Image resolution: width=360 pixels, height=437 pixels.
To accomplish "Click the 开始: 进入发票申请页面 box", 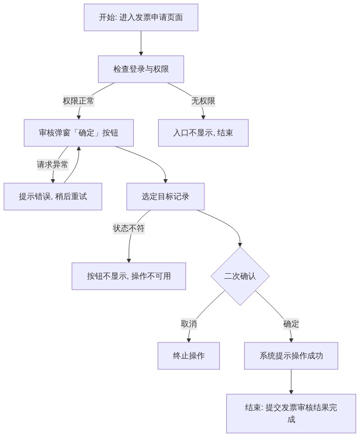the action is [x=141, y=17].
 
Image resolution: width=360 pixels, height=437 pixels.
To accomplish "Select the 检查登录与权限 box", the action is [x=141, y=69].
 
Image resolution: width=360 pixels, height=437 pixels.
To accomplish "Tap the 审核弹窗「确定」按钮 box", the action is [x=79, y=133].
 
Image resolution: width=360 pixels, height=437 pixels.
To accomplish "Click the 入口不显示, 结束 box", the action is [x=203, y=133].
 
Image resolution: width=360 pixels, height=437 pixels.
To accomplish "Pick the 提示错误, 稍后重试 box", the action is [x=53, y=197].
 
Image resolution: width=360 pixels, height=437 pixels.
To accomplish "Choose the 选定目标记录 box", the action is [x=166, y=197].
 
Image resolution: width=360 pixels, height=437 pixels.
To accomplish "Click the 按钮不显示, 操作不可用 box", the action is [x=129, y=276].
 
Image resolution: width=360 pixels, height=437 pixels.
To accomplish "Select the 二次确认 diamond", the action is [x=240, y=276].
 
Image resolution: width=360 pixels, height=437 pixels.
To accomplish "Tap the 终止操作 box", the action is [x=189, y=356].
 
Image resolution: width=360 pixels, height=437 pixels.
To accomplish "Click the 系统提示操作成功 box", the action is [x=291, y=356].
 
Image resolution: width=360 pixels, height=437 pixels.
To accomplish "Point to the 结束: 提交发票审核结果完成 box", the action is [x=291, y=413].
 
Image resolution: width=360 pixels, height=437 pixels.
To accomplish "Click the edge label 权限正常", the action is [x=79, y=101].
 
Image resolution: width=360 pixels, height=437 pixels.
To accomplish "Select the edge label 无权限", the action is [x=203, y=101].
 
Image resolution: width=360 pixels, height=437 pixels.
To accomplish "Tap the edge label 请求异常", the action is [x=53, y=164].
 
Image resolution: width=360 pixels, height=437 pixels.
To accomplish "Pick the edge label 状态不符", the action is [x=129, y=228].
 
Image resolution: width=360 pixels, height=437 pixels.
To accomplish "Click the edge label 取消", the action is [x=189, y=324].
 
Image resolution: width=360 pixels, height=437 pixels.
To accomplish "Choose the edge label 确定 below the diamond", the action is [x=291, y=324].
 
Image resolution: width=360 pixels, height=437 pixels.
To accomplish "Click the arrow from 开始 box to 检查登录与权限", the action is [x=141, y=43].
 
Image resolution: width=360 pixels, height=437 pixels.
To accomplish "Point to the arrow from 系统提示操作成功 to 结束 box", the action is [x=291, y=382].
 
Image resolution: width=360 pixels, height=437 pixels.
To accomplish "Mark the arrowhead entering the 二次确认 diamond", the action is [x=240, y=245].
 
